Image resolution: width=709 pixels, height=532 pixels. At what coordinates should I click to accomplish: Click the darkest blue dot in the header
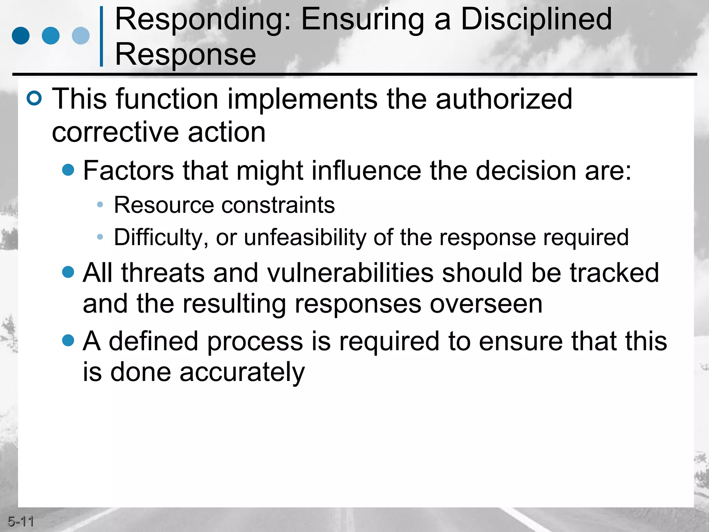21,36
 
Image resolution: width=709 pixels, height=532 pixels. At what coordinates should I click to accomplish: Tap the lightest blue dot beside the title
81,36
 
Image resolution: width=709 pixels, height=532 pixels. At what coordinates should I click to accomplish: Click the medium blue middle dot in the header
51,36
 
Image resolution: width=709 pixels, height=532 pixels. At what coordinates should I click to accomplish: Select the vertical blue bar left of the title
101,36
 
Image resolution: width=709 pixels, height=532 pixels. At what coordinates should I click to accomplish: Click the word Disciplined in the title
536,20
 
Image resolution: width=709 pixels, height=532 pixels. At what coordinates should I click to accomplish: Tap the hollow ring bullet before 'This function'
34,98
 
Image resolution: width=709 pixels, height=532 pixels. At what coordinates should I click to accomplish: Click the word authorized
504,99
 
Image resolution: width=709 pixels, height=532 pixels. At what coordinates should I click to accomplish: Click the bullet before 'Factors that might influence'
68,170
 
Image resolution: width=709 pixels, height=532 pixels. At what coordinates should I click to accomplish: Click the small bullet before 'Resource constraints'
100,205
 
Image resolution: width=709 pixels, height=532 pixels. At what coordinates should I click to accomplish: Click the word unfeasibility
305,238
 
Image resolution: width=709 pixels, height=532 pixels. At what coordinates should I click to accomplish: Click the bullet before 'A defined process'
68,340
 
